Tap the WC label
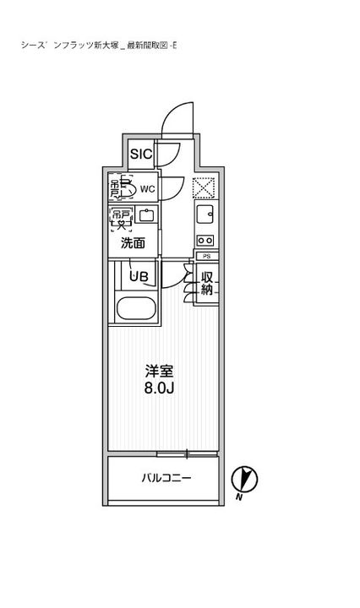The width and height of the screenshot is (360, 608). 146,189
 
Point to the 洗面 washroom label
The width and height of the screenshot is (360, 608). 133,243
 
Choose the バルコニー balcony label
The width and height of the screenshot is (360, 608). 165,478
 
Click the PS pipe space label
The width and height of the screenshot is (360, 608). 206,255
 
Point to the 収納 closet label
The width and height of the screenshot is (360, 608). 206,282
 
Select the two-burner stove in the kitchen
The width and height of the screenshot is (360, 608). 206,238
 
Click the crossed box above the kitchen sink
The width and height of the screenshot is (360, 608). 205,188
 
